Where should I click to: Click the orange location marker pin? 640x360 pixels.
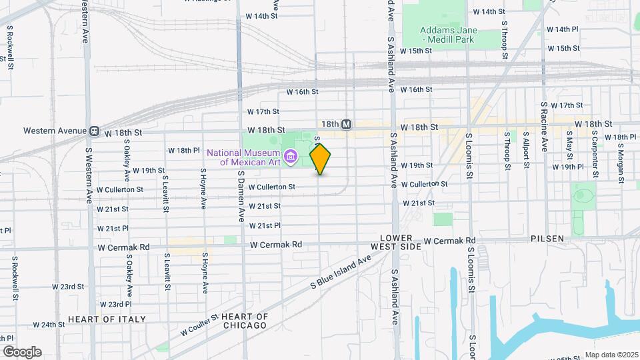[x=321, y=159]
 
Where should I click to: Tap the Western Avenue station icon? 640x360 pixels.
[x=95, y=131]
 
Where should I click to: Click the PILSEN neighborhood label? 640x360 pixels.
[x=549, y=239]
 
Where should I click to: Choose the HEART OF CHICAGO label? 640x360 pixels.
[x=244, y=321]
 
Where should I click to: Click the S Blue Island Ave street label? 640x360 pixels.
[x=341, y=272]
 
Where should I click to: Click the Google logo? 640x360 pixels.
[x=23, y=351]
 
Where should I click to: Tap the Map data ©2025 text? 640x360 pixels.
[x=610, y=355]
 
